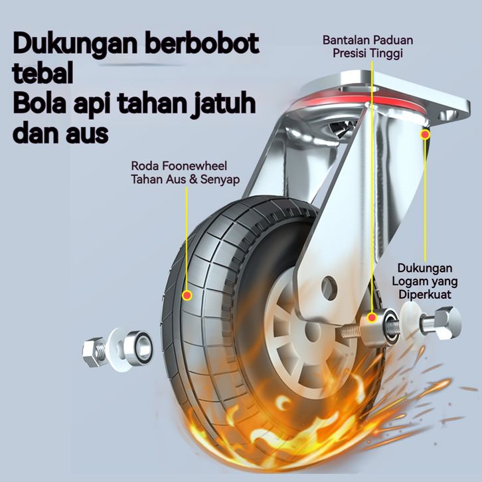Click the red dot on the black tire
point(188,294)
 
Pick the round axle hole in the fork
point(327,286)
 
